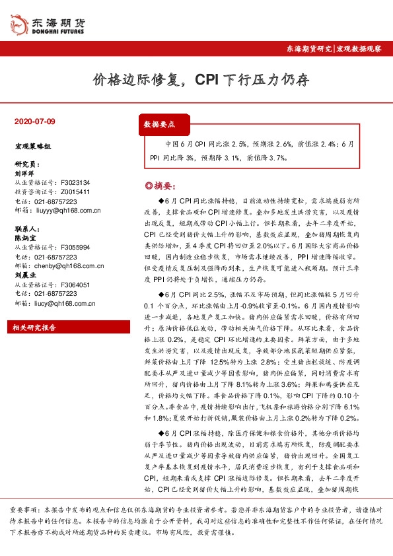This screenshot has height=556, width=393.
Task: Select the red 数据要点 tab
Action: tap(159, 123)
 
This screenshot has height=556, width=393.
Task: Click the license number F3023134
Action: tap(75, 182)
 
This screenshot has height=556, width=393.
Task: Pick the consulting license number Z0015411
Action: tap(75, 191)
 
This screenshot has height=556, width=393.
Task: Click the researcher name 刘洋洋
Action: tap(23, 172)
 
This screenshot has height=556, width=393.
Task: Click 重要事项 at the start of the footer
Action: tap(24, 510)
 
